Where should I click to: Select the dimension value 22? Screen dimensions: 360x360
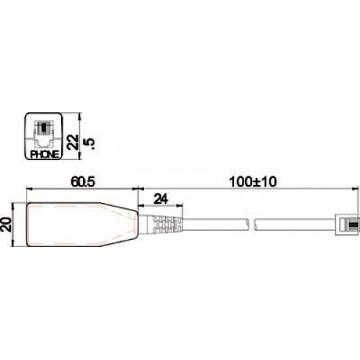72,140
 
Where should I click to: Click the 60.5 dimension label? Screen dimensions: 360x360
83,183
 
